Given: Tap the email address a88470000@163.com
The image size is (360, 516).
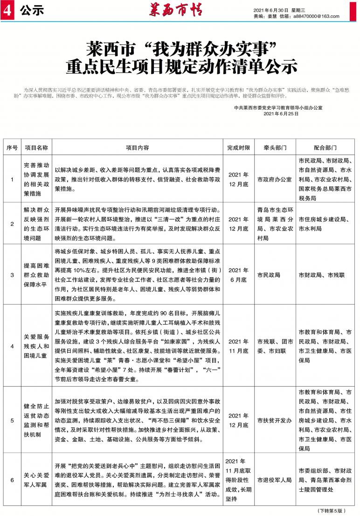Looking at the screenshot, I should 316,16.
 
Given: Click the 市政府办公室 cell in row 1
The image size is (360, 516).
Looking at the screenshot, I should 274,179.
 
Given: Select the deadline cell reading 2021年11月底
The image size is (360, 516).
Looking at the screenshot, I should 238,346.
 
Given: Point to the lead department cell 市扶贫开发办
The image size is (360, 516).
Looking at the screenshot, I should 274,420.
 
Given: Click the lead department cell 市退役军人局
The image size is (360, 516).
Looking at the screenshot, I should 274,479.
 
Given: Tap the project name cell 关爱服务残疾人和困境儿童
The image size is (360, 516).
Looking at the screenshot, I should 36,346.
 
